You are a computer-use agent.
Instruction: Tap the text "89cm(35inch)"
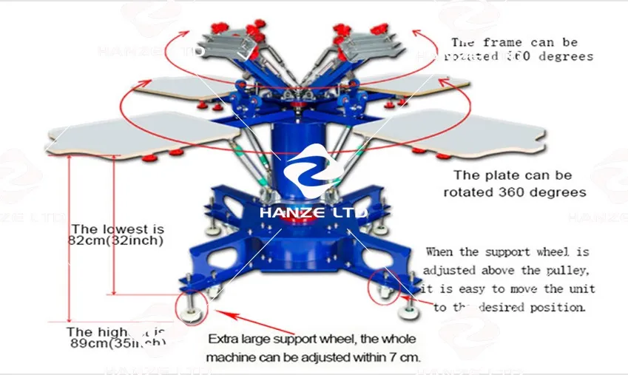(116, 344)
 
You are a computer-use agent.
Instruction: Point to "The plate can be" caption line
(513, 175)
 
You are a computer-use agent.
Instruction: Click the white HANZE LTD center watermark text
(313, 212)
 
